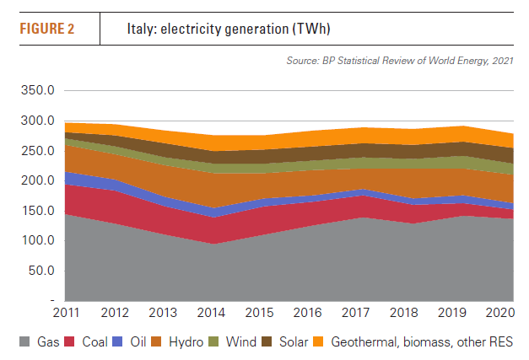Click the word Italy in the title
[141, 29]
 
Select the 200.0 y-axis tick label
[38, 180]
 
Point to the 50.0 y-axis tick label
[41, 271]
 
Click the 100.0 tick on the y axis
[38, 240]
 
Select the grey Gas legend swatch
[24, 342]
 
